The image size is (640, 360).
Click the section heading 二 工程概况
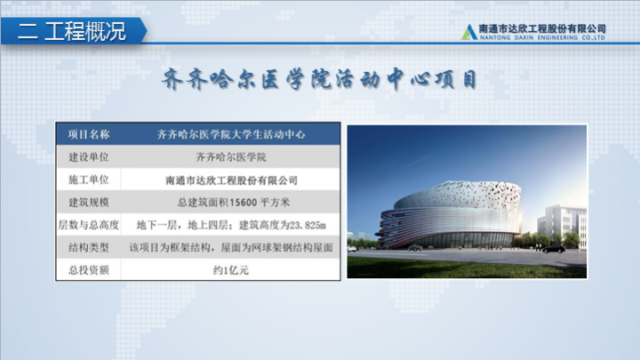[x=72, y=31]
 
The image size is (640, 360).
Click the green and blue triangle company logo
[x=469, y=32]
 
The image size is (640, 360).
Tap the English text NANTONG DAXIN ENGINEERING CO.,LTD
[x=542, y=37]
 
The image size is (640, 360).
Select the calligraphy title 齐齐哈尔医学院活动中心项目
[x=319, y=79]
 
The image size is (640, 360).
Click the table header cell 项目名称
[x=89, y=134]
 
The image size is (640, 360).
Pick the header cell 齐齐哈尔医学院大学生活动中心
[x=231, y=134]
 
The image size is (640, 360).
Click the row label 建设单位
[x=89, y=157]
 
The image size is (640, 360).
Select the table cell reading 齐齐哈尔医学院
[x=231, y=157]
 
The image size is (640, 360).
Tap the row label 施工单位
[x=89, y=180]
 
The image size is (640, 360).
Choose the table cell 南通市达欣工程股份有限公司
[x=231, y=180]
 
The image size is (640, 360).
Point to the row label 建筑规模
[x=89, y=202]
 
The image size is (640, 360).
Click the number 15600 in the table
[x=244, y=203]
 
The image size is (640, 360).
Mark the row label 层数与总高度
[x=89, y=225]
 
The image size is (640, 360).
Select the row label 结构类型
[x=89, y=247]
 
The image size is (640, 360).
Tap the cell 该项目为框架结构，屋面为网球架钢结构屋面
[x=231, y=247]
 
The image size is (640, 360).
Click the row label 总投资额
[x=89, y=270]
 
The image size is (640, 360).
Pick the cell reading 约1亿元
[x=231, y=270]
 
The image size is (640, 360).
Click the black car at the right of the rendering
[x=554, y=249]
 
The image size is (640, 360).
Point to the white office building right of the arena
[x=564, y=225]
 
